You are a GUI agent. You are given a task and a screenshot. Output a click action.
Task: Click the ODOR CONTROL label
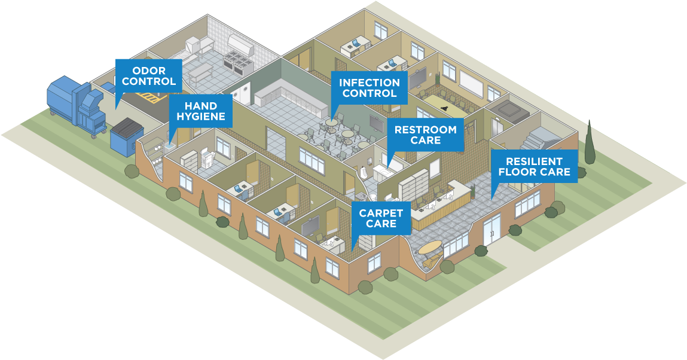tap(149, 76)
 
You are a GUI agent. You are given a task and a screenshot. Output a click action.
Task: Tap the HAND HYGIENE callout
tap(201, 111)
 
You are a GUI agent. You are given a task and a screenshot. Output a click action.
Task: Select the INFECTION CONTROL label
tap(370, 87)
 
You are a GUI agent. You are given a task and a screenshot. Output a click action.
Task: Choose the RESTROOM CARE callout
tap(425, 135)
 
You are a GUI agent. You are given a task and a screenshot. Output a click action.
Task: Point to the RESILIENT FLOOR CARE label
tap(534, 167)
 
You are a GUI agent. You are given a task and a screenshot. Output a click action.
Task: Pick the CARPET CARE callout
tap(381, 218)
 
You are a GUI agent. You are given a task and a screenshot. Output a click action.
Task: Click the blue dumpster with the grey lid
tap(128, 135)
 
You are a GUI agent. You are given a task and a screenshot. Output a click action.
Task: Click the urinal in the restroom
tap(364, 172)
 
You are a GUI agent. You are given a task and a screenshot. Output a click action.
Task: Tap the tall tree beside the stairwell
tap(590, 142)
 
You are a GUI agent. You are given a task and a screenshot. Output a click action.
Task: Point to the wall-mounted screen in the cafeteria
tap(376, 123)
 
